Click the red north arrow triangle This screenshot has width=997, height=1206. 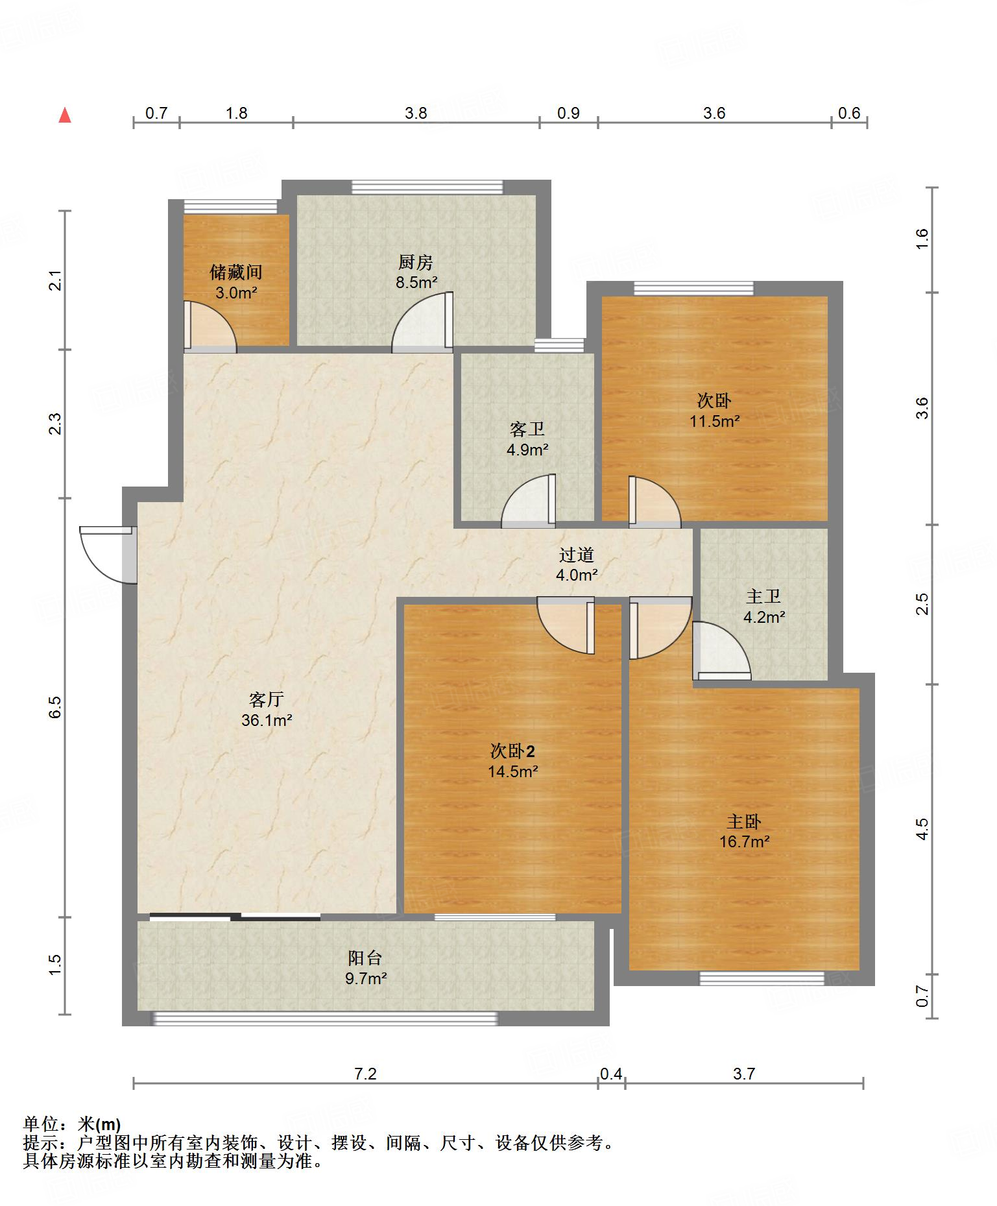coord(65,115)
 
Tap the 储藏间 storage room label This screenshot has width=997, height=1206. coord(236,272)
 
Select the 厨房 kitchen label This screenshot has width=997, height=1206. coord(416,262)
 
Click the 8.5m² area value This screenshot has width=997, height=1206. coord(416,283)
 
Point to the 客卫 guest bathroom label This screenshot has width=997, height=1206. coord(527,429)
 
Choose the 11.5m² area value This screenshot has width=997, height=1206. coord(715,421)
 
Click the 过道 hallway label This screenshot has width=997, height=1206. coord(577,555)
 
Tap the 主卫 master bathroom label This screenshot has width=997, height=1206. coord(763,596)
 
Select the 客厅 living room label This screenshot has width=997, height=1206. coord(267,699)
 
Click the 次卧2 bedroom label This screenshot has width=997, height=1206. coord(512,751)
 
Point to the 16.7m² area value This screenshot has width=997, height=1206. coord(745,842)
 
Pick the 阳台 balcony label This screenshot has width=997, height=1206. coord(365,958)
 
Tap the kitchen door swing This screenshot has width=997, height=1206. coord(422,322)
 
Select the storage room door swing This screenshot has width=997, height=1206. coord(210,327)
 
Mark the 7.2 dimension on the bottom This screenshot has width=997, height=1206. coord(365,1074)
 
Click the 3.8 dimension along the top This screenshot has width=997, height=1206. coord(416,113)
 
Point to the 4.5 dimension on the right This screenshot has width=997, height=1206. coord(922,829)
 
